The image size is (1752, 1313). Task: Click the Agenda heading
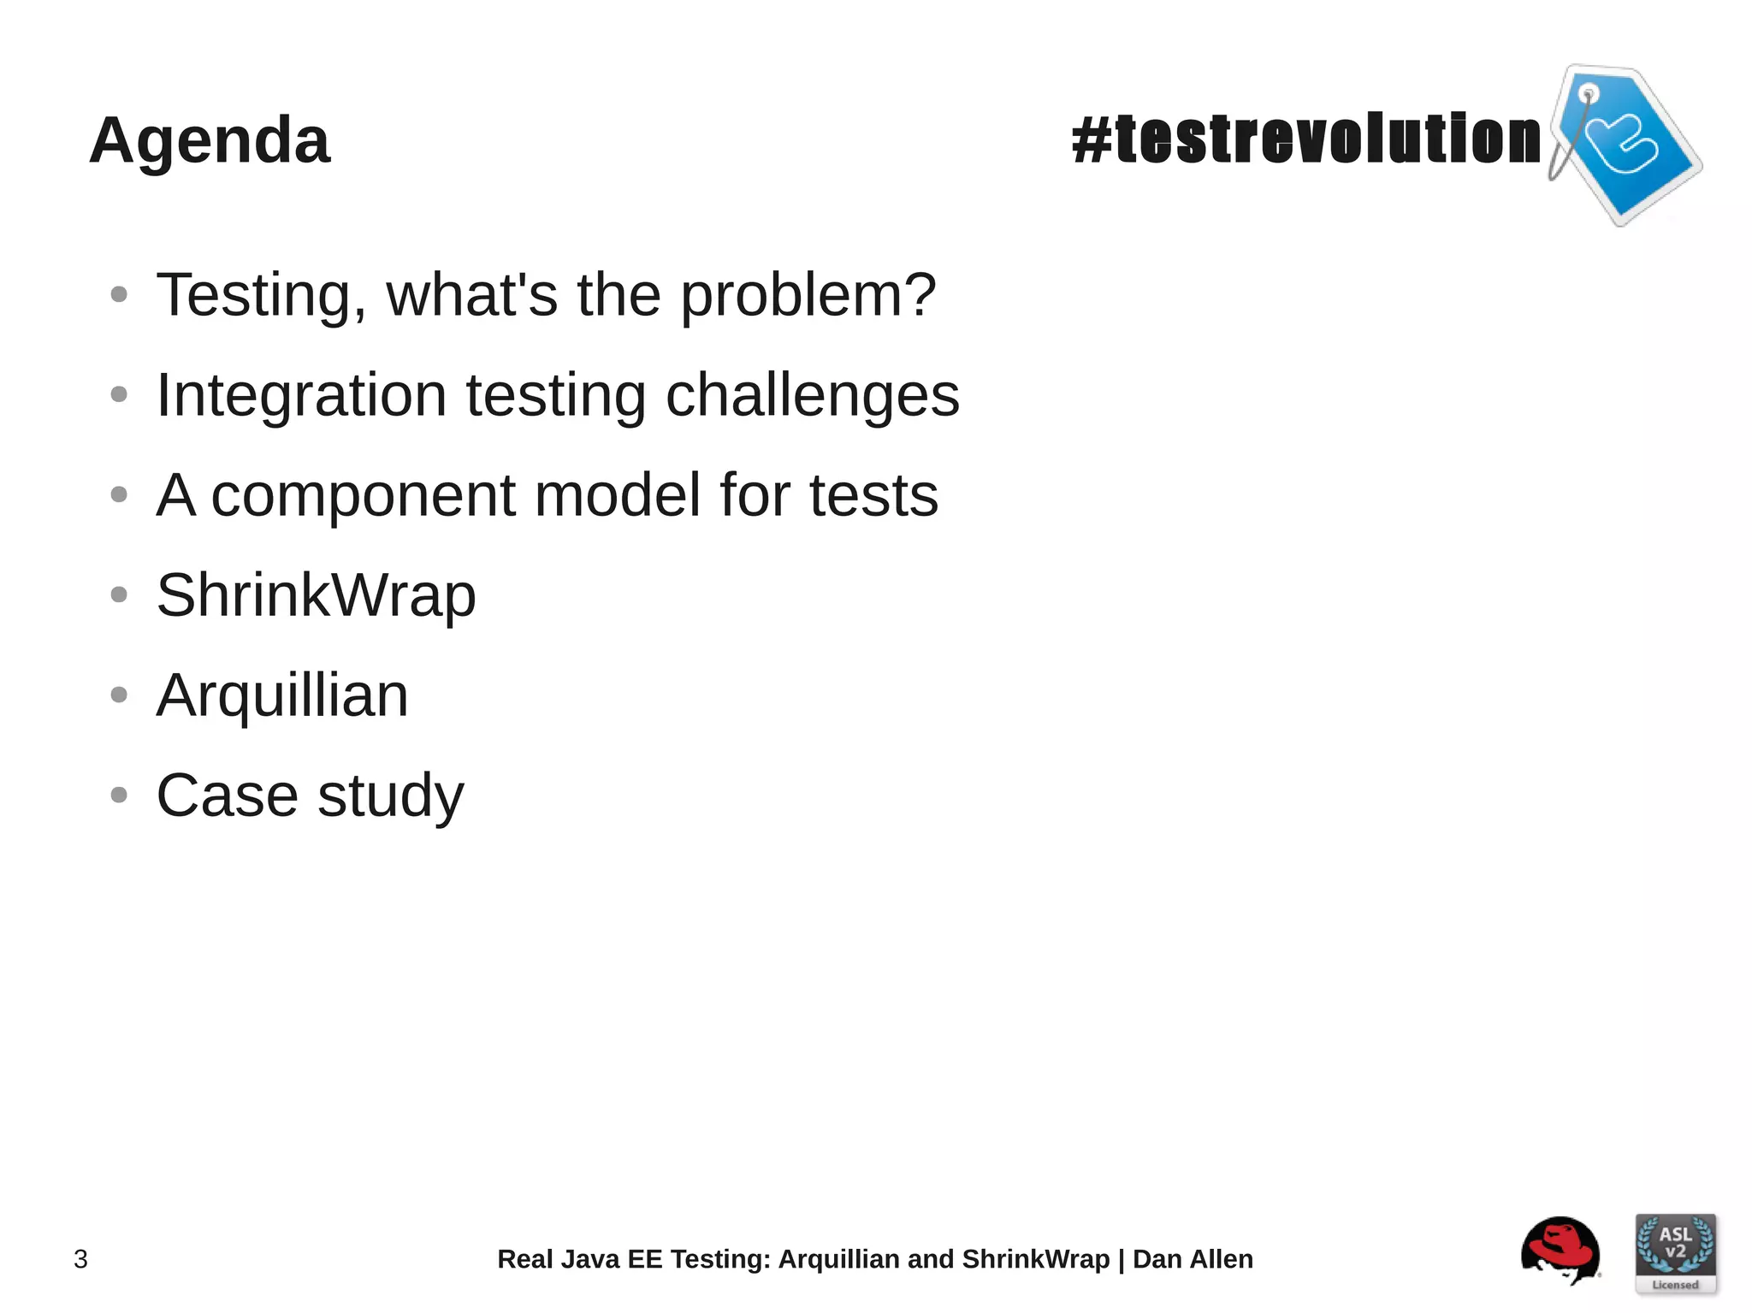210,140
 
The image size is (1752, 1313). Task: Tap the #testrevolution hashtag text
1305,139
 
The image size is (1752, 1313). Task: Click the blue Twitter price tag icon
1625,144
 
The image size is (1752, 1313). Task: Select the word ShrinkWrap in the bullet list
316,595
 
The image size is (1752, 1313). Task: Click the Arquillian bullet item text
282,695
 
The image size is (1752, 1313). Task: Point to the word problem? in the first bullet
808,296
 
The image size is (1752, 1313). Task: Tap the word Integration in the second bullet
301,395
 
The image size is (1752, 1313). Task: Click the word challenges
813,395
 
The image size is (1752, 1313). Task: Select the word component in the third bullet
363,496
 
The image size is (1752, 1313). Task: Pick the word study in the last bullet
391,796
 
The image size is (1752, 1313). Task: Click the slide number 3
80,1259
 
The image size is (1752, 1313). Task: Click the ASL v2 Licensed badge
1675,1253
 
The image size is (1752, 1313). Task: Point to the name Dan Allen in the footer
1193,1259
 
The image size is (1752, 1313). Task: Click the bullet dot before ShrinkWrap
119,594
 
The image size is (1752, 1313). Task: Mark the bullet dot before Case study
119,795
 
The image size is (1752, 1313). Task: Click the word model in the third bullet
617,495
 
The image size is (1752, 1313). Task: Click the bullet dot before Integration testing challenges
119,394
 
